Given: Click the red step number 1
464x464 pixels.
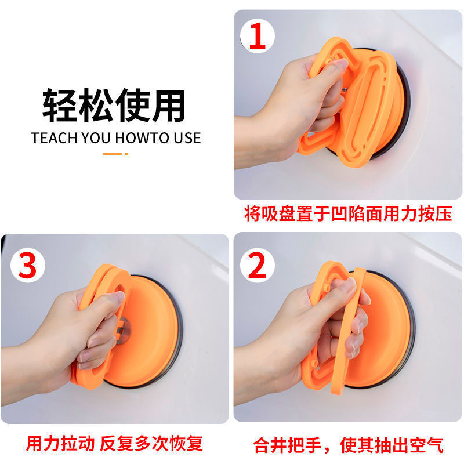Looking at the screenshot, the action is click(257, 36).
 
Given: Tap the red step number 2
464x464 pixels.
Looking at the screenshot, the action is click(257, 266).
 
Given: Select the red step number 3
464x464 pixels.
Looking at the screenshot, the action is click(27, 266).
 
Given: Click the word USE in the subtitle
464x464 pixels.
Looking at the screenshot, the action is click(187, 138).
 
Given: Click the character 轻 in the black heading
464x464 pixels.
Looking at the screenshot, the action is click(61, 105).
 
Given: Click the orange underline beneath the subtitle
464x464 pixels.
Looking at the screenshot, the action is click(115, 154).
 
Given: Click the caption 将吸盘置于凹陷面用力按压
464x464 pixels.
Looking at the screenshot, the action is click(348, 213).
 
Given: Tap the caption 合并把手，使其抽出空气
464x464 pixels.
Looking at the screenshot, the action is click(349, 445).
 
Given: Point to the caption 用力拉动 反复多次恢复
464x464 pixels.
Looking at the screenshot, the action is click(114, 443).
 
